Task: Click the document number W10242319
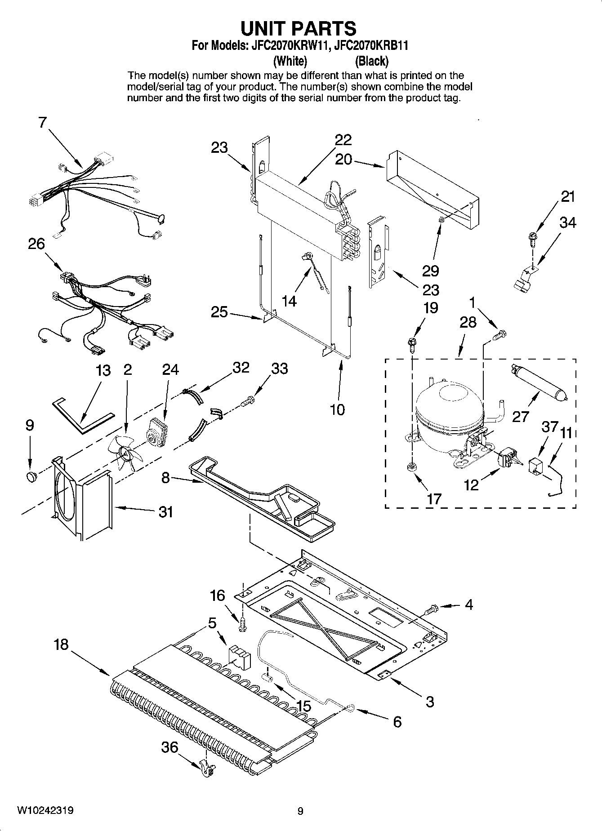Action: click(x=45, y=810)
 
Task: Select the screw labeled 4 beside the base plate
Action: click(x=431, y=609)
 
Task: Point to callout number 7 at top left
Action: click(x=42, y=122)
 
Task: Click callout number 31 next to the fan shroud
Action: click(x=166, y=511)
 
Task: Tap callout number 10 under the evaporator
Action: click(x=337, y=409)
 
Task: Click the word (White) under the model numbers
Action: click(x=290, y=61)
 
